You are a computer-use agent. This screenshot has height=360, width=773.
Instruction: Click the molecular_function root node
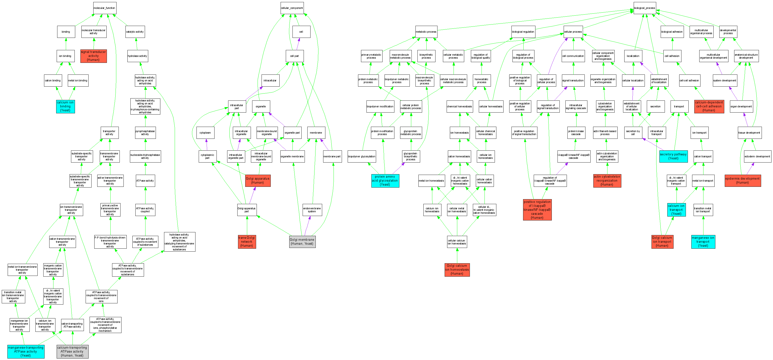(x=104, y=8)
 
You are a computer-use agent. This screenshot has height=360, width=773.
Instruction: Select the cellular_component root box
(x=292, y=8)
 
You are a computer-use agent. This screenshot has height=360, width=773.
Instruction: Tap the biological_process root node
(x=644, y=8)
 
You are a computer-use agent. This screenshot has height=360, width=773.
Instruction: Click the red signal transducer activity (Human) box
(x=93, y=56)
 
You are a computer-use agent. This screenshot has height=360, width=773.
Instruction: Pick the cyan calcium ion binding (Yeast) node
(x=65, y=106)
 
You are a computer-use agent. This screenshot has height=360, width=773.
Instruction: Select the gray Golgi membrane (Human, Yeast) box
(x=302, y=242)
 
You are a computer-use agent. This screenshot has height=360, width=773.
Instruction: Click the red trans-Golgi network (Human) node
(x=247, y=242)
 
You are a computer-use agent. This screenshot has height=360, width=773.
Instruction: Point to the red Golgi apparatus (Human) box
(x=258, y=181)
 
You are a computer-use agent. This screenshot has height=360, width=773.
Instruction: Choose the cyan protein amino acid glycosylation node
(x=385, y=181)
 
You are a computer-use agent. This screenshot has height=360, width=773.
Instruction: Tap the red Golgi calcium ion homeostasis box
(x=457, y=270)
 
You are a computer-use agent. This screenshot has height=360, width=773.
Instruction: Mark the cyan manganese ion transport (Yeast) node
(x=703, y=242)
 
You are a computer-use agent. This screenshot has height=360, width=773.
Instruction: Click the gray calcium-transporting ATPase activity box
(x=72, y=352)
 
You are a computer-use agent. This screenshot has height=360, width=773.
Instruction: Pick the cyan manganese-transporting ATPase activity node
(x=26, y=352)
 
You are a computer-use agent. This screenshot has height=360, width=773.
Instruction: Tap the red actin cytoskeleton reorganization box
(x=607, y=181)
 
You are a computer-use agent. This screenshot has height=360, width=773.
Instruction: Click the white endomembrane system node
(x=312, y=210)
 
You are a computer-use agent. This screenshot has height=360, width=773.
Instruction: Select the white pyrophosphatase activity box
(x=145, y=133)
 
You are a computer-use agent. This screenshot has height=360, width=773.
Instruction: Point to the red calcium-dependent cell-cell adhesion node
(x=709, y=106)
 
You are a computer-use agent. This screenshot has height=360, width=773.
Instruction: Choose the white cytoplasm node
(x=206, y=133)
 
